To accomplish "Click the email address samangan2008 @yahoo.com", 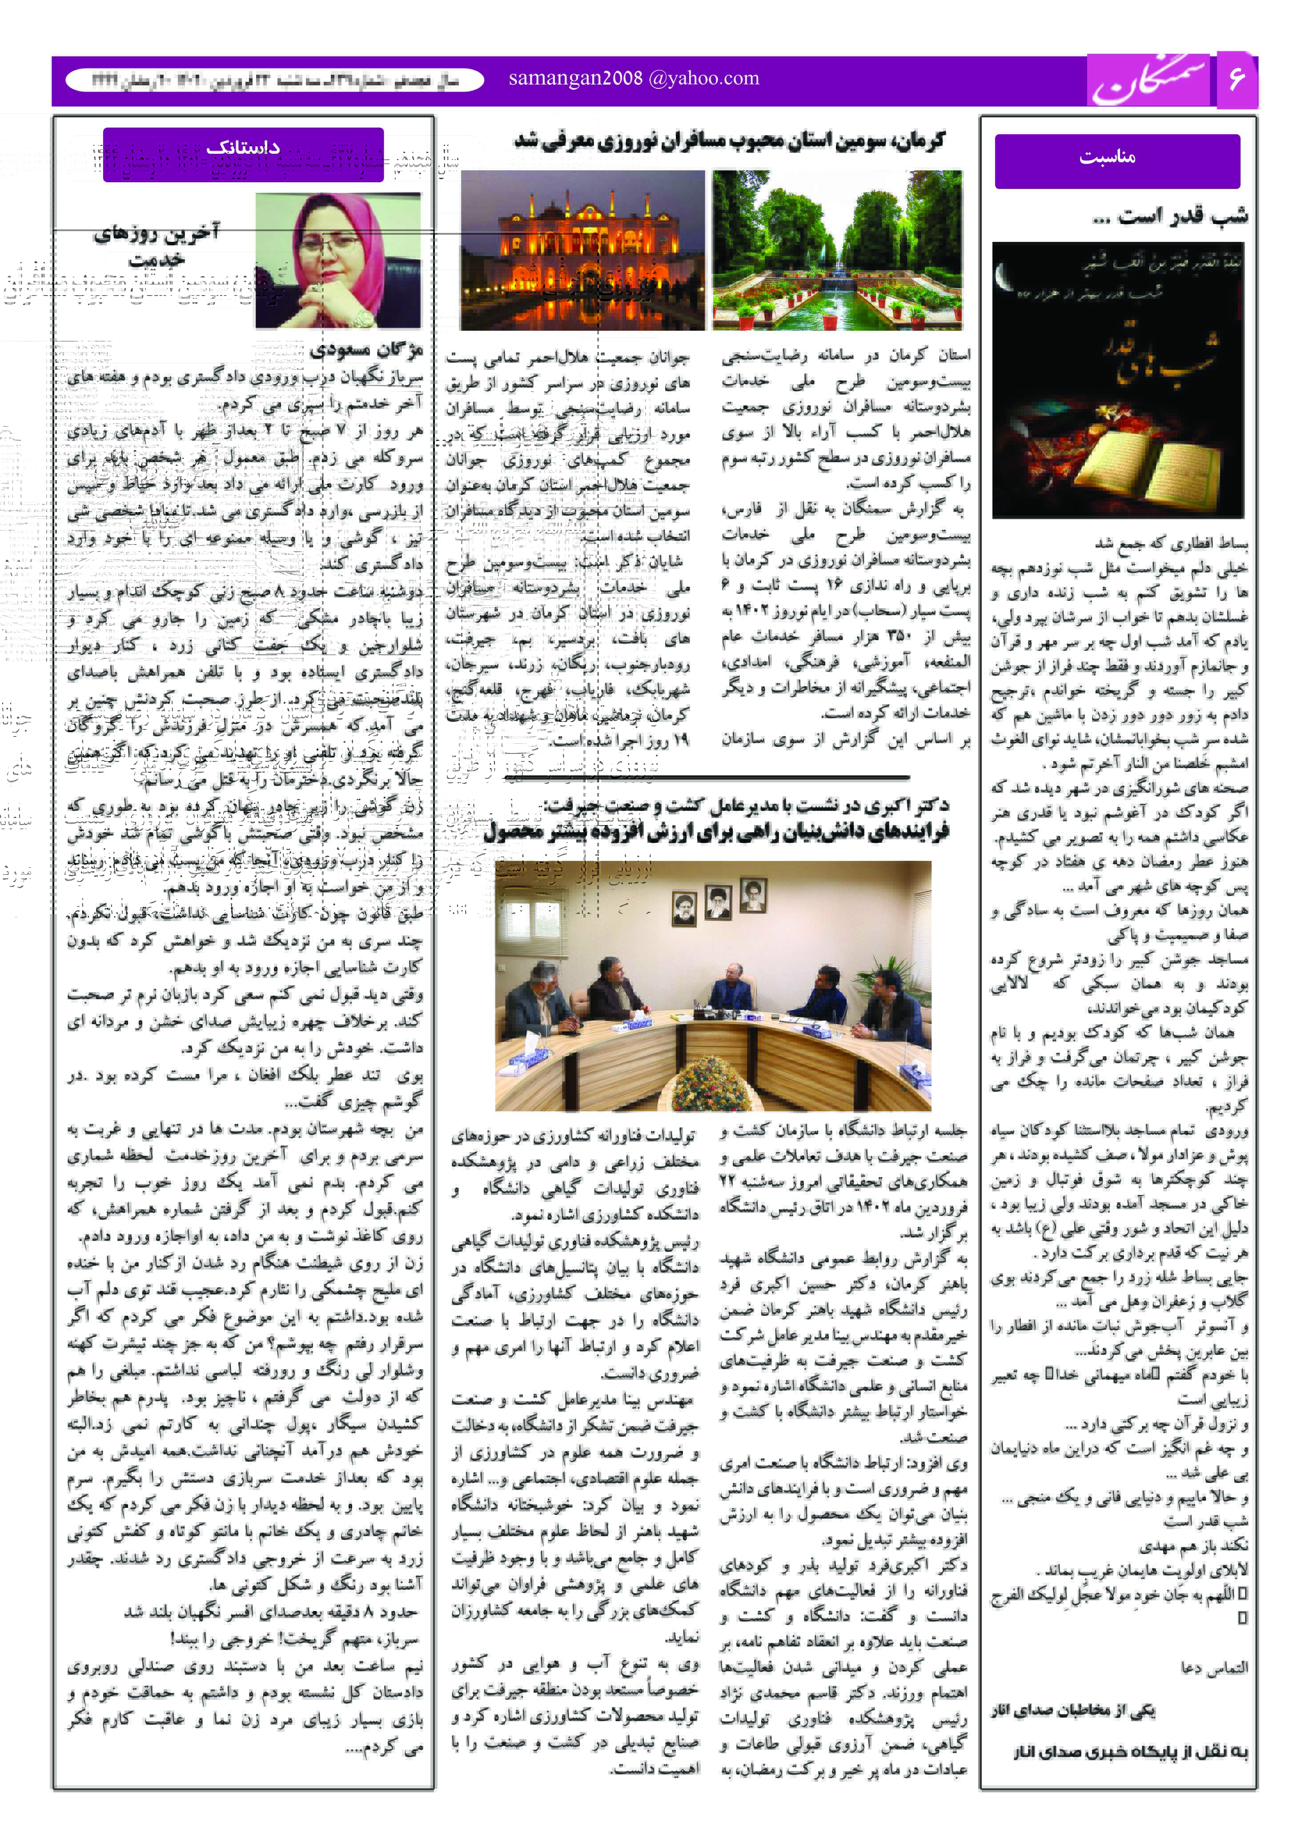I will pos(634,78).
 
